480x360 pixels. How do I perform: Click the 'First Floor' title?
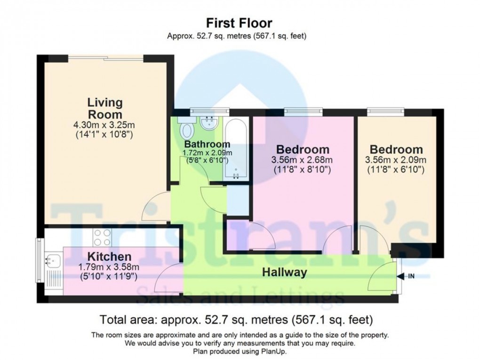240,23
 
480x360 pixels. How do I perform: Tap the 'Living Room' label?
104,108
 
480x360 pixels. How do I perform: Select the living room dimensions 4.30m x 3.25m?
104,125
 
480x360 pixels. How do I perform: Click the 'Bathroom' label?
207,144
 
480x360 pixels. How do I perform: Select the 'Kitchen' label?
104,256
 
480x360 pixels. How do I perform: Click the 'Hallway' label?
284,272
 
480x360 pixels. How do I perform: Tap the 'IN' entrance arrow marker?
407,276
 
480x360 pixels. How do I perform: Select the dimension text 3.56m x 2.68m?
302,160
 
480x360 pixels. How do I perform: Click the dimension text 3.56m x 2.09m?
396,160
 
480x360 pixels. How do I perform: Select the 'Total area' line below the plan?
240,320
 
